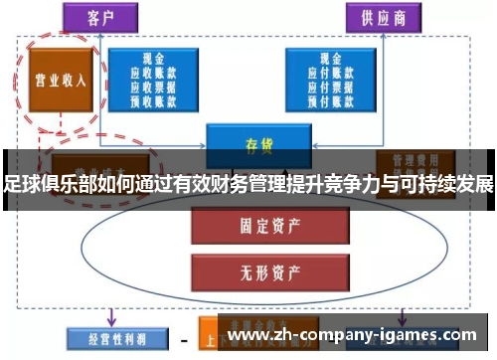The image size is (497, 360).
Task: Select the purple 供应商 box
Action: click(382, 18)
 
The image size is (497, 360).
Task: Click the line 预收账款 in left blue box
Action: click(151, 100)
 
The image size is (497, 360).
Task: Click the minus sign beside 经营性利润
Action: click(183, 340)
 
